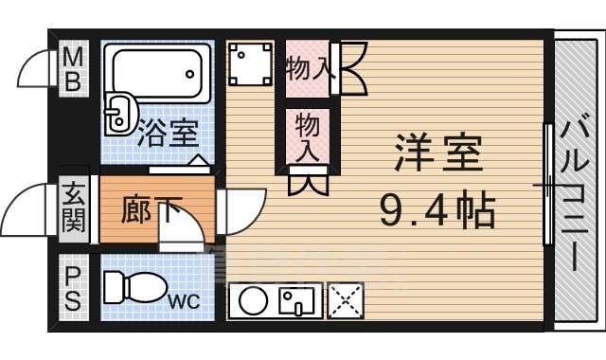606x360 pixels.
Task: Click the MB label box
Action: click(73, 69)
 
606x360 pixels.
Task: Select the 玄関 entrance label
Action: click(73, 210)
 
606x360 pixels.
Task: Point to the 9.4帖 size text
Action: click(438, 209)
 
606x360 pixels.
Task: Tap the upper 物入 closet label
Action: click(306, 68)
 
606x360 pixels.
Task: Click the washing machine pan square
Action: click(250, 63)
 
